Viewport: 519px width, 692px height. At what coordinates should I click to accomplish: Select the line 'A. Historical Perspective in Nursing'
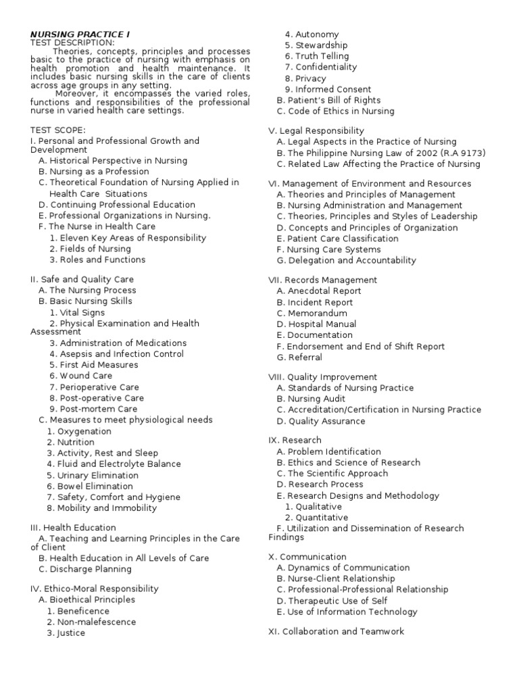(113, 161)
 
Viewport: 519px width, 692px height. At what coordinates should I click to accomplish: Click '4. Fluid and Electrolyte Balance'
(114, 464)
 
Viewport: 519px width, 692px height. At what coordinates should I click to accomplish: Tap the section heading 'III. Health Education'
(73, 528)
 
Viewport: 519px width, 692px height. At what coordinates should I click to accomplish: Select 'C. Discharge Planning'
(85, 569)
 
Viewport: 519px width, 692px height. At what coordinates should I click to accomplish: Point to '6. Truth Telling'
(317, 56)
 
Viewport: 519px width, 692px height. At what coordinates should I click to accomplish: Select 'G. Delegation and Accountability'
(347, 260)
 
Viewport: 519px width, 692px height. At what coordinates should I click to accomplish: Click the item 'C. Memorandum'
(312, 313)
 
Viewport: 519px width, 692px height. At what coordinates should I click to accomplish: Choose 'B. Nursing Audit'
(312, 399)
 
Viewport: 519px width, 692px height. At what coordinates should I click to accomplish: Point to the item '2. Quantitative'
(316, 518)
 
